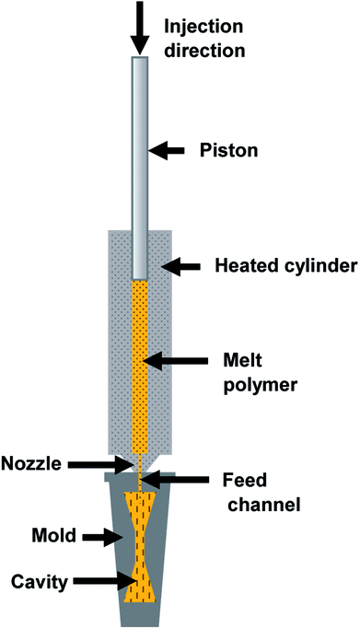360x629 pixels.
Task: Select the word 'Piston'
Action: click(225, 147)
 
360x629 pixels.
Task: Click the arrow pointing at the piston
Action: click(170, 147)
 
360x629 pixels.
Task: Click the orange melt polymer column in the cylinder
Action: click(139, 368)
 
